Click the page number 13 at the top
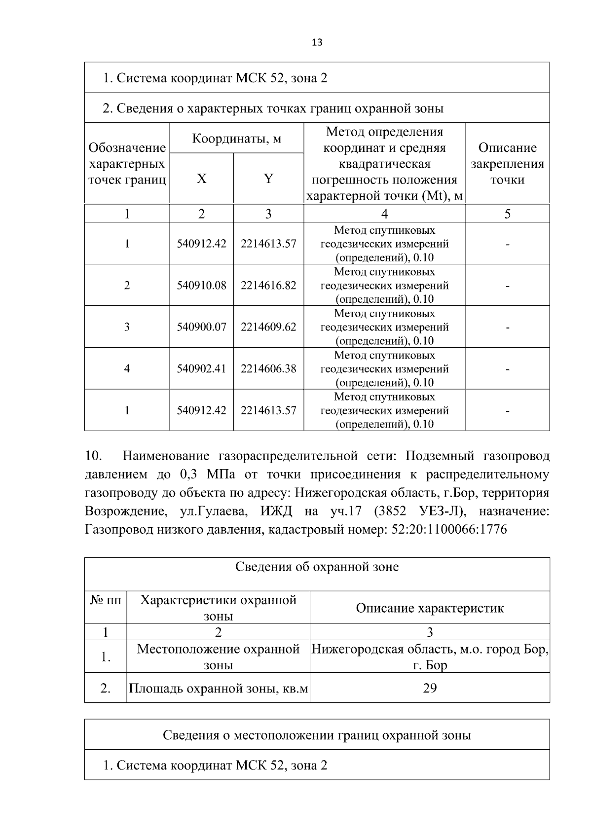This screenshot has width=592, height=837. coord(317,42)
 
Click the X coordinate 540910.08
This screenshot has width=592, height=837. coord(201,285)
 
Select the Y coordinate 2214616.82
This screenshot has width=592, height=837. coord(268,285)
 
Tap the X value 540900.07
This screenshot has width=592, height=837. coord(201,327)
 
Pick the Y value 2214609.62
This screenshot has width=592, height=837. coord(268,327)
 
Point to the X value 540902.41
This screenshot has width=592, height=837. coord(201,368)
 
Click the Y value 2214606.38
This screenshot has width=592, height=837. coord(268,368)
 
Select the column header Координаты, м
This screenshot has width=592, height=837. coord(236,138)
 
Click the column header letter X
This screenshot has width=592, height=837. coord(201,179)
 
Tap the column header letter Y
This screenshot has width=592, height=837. coord(268,179)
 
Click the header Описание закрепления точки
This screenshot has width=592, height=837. coord(507,163)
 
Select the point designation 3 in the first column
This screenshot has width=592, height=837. coord(127,327)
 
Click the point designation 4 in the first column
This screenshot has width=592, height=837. coord(127,368)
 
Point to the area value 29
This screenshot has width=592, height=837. coord(430,688)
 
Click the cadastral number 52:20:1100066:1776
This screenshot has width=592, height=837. coord(448,530)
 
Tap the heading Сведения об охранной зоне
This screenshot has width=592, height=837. coord(317,567)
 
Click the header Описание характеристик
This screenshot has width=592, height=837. coord(430,608)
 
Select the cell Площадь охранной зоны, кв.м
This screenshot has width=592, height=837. coord(219,688)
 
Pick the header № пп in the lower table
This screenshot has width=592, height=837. coord(106,600)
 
